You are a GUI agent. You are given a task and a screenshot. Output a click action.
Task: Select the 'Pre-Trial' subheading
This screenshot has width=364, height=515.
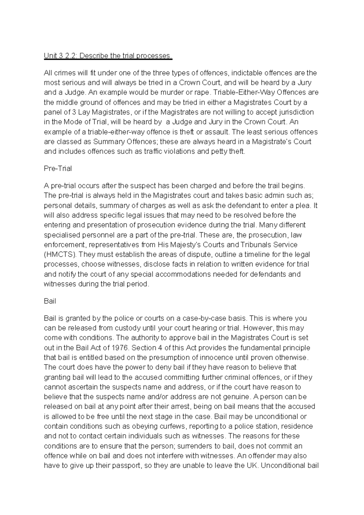tap(58, 169)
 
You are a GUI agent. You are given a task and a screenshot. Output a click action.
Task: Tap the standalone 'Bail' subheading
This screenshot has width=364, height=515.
tap(50, 301)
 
